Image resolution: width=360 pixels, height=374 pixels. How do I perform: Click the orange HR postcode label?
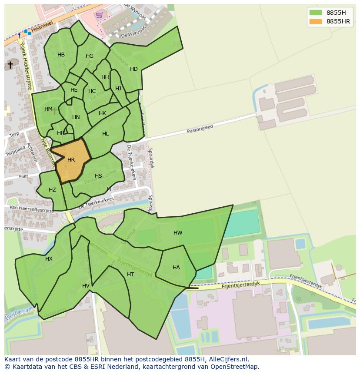[71, 160]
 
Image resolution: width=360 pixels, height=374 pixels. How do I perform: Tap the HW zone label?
[178, 233]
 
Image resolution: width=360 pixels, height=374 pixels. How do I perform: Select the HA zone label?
[176, 268]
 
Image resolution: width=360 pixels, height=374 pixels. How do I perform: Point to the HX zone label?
[49, 259]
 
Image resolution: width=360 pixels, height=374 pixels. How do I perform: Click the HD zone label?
[134, 69]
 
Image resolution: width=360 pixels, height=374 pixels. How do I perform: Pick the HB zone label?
[61, 55]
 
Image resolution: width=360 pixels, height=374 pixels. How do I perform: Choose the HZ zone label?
[52, 190]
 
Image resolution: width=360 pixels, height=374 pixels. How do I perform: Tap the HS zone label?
[98, 176]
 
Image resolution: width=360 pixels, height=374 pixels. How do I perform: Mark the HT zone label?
[130, 275]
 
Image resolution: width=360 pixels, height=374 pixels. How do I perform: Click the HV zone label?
[86, 285]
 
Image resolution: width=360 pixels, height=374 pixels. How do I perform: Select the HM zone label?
[48, 109]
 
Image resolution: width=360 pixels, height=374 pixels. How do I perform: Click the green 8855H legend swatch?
[316, 12]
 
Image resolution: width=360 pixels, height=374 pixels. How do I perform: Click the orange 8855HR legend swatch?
[316, 21]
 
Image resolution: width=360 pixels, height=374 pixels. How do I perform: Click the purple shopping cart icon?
[100, 15]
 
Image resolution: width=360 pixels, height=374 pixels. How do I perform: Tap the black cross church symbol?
[10, 65]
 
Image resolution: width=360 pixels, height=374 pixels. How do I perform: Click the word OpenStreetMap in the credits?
[237, 367]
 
